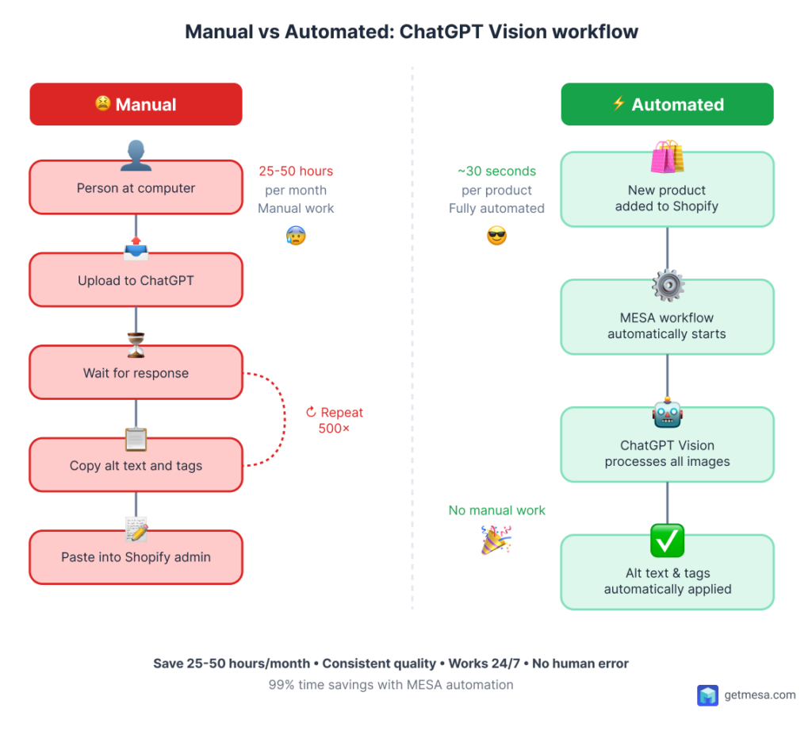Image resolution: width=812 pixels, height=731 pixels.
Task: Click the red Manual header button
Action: pyautogui.click(x=136, y=105)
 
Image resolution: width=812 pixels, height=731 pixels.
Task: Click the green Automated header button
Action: pyautogui.click(x=667, y=105)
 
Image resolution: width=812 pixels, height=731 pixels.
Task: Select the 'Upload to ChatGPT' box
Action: pyautogui.click(x=136, y=280)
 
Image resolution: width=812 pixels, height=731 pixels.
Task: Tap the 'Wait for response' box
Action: pyautogui.click(x=136, y=373)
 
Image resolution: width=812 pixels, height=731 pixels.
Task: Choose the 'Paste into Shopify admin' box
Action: pyautogui.click(x=136, y=557)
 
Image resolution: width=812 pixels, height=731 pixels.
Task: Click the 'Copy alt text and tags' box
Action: pyautogui.click(x=136, y=466)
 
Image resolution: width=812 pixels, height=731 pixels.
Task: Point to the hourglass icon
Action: pyautogui.click(x=136, y=344)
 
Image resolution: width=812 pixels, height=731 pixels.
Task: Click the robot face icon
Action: pyautogui.click(x=667, y=414)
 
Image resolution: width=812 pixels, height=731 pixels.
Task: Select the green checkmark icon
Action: pyautogui.click(x=667, y=541)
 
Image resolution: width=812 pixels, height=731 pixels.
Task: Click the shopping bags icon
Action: pyautogui.click(x=667, y=157)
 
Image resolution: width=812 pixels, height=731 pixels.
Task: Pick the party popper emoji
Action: pyautogui.click(x=496, y=540)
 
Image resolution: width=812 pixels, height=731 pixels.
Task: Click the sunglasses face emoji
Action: pyautogui.click(x=496, y=236)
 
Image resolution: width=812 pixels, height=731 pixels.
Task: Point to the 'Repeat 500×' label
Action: pyautogui.click(x=335, y=421)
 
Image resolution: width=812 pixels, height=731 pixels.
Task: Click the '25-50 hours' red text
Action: pyautogui.click(x=296, y=171)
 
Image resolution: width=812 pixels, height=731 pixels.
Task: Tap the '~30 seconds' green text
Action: pyautogui.click(x=496, y=171)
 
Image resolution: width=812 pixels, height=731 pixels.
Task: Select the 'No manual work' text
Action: pyautogui.click(x=496, y=510)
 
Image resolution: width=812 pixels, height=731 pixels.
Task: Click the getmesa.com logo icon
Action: pyautogui.click(x=707, y=695)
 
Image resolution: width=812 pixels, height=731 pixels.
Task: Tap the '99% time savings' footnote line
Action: pyautogui.click(x=391, y=684)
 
